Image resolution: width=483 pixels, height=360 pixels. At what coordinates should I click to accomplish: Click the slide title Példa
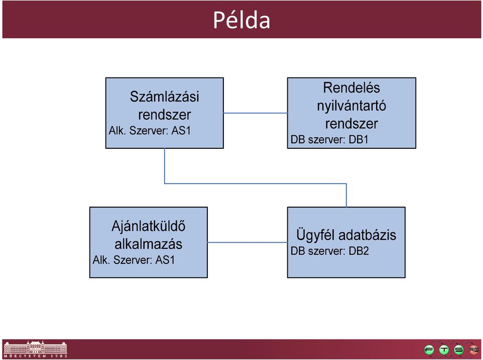coord(242,20)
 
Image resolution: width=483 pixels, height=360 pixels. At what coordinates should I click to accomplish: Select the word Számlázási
coord(165,97)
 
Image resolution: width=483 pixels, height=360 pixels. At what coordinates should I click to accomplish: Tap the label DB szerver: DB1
coord(330,139)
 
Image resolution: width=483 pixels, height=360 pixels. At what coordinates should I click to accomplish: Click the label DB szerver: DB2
coord(330,251)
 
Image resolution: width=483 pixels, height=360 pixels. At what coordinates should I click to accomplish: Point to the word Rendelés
coord(352,88)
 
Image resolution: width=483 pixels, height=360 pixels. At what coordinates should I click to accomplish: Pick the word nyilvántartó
coord(352,106)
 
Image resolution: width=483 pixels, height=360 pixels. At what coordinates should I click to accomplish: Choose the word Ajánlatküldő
coord(148,226)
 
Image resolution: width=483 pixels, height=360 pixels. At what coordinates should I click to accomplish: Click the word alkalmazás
coord(148,244)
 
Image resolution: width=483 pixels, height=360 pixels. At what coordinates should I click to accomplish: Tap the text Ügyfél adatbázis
coord(346,235)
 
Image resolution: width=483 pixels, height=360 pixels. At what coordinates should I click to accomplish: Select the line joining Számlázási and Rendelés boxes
coord(256,113)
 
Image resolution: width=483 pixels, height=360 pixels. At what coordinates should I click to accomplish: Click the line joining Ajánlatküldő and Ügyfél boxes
coord(248,242)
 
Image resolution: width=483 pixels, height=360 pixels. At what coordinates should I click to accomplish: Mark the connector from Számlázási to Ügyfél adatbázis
coord(256,184)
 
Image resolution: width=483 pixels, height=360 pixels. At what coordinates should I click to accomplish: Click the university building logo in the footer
coord(35,349)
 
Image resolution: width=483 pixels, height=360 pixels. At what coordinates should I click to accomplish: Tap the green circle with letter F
coord(429,349)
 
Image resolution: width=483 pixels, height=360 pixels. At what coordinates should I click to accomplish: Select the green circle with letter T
coord(444,349)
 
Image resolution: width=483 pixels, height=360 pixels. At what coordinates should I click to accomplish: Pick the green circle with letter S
coord(459,349)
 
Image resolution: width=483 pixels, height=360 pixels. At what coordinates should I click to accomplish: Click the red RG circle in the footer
coord(473,349)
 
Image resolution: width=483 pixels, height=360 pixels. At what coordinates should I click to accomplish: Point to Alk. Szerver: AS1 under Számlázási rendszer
coord(150,131)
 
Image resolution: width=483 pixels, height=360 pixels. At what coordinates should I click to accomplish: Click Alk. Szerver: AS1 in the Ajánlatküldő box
coord(134,260)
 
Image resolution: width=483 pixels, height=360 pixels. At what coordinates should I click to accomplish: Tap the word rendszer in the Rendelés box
coord(352,124)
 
